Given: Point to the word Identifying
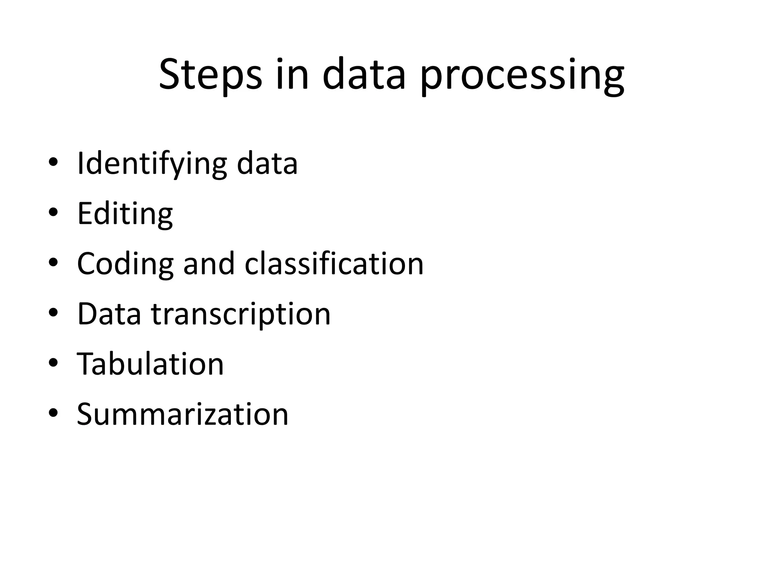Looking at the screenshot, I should [152, 164].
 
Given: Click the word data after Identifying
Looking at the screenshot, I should [267, 163].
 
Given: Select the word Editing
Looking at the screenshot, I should [125, 214].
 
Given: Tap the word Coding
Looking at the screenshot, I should [125, 264].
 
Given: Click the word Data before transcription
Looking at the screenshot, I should [109, 314].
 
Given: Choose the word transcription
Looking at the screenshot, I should [241, 314].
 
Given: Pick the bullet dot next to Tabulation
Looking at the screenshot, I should [53, 363].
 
